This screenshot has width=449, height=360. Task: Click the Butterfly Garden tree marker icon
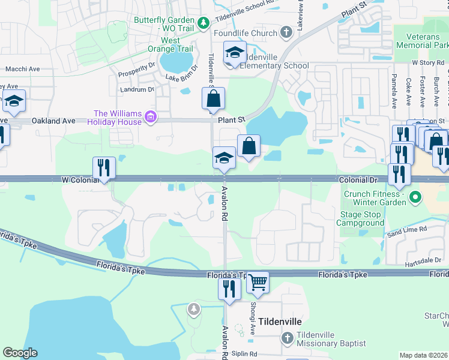(203, 23)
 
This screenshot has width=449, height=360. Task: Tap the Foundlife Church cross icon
(286, 33)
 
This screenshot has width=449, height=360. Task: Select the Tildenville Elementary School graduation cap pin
(235, 52)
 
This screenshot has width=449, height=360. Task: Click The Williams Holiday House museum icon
(151, 118)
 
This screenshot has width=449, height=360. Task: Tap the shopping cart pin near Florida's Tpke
(258, 283)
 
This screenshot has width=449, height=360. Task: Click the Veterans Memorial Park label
(423, 40)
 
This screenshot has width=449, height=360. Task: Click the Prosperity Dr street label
(136, 70)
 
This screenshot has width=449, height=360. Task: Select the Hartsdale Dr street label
(423, 260)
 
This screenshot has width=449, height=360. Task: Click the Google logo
(20, 353)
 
